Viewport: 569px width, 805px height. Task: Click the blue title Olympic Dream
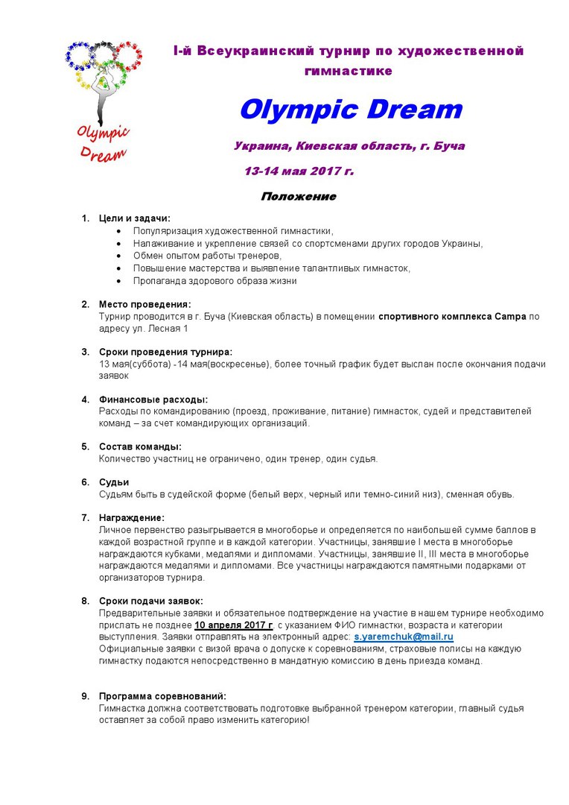pos(350,110)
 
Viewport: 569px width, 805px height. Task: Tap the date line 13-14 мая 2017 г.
pos(299,171)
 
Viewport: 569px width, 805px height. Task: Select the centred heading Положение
pos(298,197)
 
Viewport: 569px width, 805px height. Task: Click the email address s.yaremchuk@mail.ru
pos(403,637)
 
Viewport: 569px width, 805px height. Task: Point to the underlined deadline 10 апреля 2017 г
pos(234,625)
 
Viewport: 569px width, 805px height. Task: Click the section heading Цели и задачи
pos(135,218)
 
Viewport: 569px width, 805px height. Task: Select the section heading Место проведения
pos(144,304)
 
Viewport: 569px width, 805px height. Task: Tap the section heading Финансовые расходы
pos(153,399)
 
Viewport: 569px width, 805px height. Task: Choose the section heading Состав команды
pos(140,446)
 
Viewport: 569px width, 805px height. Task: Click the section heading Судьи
pos(114,482)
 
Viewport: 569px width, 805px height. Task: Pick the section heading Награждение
pos(132,517)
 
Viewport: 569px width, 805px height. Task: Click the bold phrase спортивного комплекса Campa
pos(452,316)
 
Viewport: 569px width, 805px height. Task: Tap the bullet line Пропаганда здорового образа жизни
pos(214,281)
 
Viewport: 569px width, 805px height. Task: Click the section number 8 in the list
pos(85,601)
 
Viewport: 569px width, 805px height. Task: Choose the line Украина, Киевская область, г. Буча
pos(349,146)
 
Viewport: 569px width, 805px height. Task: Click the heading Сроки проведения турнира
pos(165,352)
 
